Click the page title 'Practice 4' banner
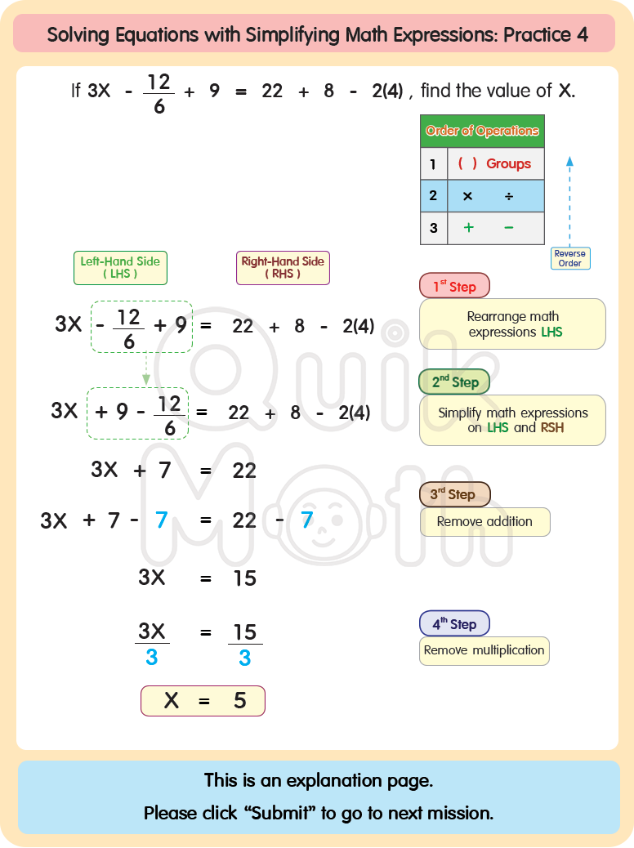(317, 34)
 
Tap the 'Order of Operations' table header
(482, 131)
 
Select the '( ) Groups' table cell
(495, 164)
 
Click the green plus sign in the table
(468, 228)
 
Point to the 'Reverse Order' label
(569, 258)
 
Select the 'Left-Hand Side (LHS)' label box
(120, 268)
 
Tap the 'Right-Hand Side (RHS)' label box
(283, 268)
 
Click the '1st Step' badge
(454, 286)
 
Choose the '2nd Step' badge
(455, 382)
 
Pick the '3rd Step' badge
(454, 494)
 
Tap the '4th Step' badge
(454, 624)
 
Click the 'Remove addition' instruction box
(484, 521)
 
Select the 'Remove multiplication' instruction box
(484, 650)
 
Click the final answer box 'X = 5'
(203, 701)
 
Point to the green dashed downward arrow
(146, 369)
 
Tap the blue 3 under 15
(244, 658)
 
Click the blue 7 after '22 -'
(307, 520)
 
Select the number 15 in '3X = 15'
(244, 578)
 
